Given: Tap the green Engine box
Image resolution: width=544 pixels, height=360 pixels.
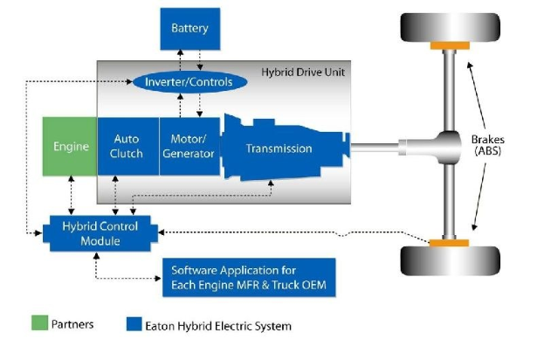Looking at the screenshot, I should pos(70,147).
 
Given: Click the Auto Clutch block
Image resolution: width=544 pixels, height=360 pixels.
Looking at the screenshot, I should pos(127,147).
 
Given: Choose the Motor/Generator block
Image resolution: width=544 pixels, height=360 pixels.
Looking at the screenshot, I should pos(189,147).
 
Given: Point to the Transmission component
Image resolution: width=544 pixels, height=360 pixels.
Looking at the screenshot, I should pos(279,148).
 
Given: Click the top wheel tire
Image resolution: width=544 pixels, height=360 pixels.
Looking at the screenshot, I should pos(450,26).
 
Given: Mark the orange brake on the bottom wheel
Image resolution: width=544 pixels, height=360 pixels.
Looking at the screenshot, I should pos(450,242).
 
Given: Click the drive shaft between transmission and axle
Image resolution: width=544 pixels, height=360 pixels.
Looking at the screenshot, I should pos(375,147).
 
